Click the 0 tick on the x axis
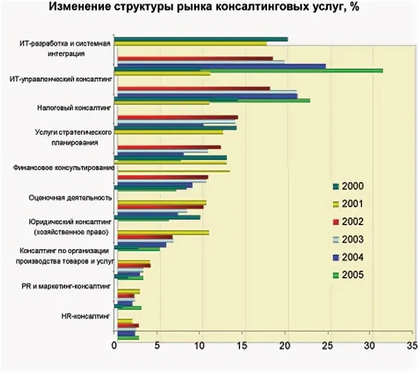pyautogui.click(x=115, y=346)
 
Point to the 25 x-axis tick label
pyautogui.click(x=327, y=346)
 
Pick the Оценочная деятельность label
pyautogui.click(x=70, y=197)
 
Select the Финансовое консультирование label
pyautogui.click(x=72, y=167)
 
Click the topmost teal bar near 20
pyautogui.click(x=200, y=39)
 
